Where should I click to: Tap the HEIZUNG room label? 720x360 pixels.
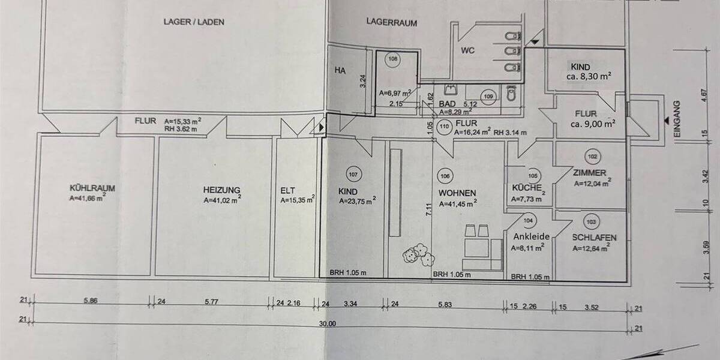pos(221,188)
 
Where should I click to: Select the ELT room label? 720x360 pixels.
pos(288,192)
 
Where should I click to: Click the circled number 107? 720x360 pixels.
pos(353,175)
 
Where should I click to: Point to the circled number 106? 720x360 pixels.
pos(445,176)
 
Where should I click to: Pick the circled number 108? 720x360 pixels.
pos(393,59)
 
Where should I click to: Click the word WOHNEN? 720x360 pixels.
pos(457,193)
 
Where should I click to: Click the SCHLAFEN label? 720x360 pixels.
pos(594,238)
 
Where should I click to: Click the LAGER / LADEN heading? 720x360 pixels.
pos(185,22)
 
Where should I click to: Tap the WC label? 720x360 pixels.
pos(468,50)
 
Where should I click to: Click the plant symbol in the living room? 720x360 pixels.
pos(418,254)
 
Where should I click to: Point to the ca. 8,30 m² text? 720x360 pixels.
pos(589,76)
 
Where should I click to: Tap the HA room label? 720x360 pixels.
pos(340,70)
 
